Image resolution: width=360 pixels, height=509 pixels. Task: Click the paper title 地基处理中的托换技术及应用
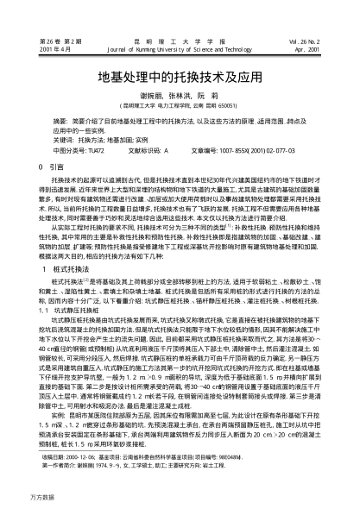pos(180,76)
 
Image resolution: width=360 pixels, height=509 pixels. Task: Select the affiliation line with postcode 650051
pos(180,105)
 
